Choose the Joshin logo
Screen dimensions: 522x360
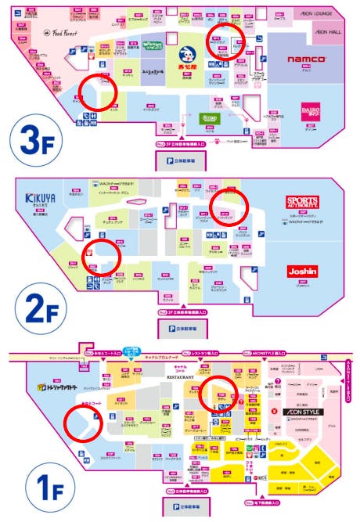point(301,272)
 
